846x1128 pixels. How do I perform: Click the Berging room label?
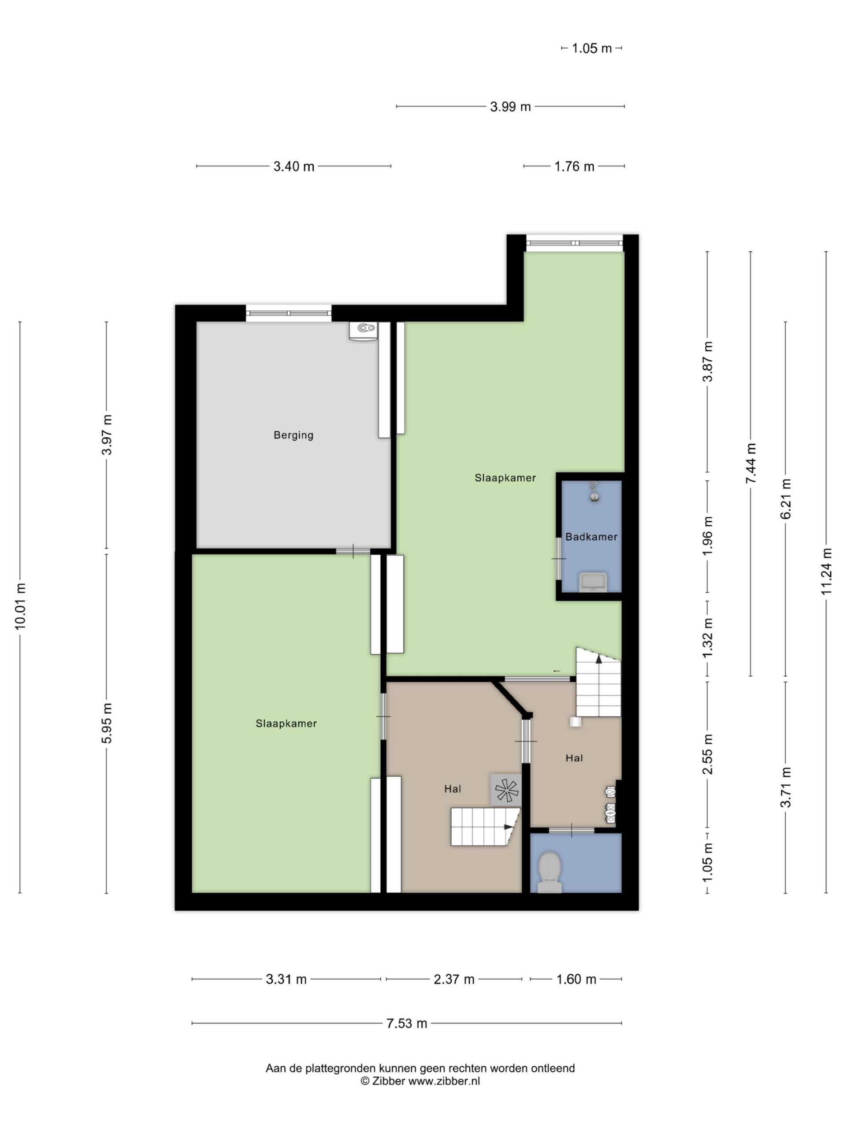click(293, 435)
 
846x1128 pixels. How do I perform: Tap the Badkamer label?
click(591, 537)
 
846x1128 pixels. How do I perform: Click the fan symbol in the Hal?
click(506, 790)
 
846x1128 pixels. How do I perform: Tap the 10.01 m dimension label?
click(20, 607)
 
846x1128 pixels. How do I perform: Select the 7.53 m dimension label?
click(406, 1023)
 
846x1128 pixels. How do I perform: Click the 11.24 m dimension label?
click(826, 571)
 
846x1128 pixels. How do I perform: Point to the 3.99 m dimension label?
click(510, 107)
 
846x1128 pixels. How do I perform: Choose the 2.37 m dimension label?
click(454, 979)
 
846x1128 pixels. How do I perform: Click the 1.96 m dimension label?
click(707, 537)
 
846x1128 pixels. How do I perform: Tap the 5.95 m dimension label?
click(107, 723)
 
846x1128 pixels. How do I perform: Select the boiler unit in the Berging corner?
click(363, 330)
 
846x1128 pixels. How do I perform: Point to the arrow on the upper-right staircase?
click(599, 659)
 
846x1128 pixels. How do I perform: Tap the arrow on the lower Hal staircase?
click(509, 827)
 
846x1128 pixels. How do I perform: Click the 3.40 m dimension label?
click(294, 166)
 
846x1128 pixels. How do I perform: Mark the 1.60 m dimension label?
click(576, 979)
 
